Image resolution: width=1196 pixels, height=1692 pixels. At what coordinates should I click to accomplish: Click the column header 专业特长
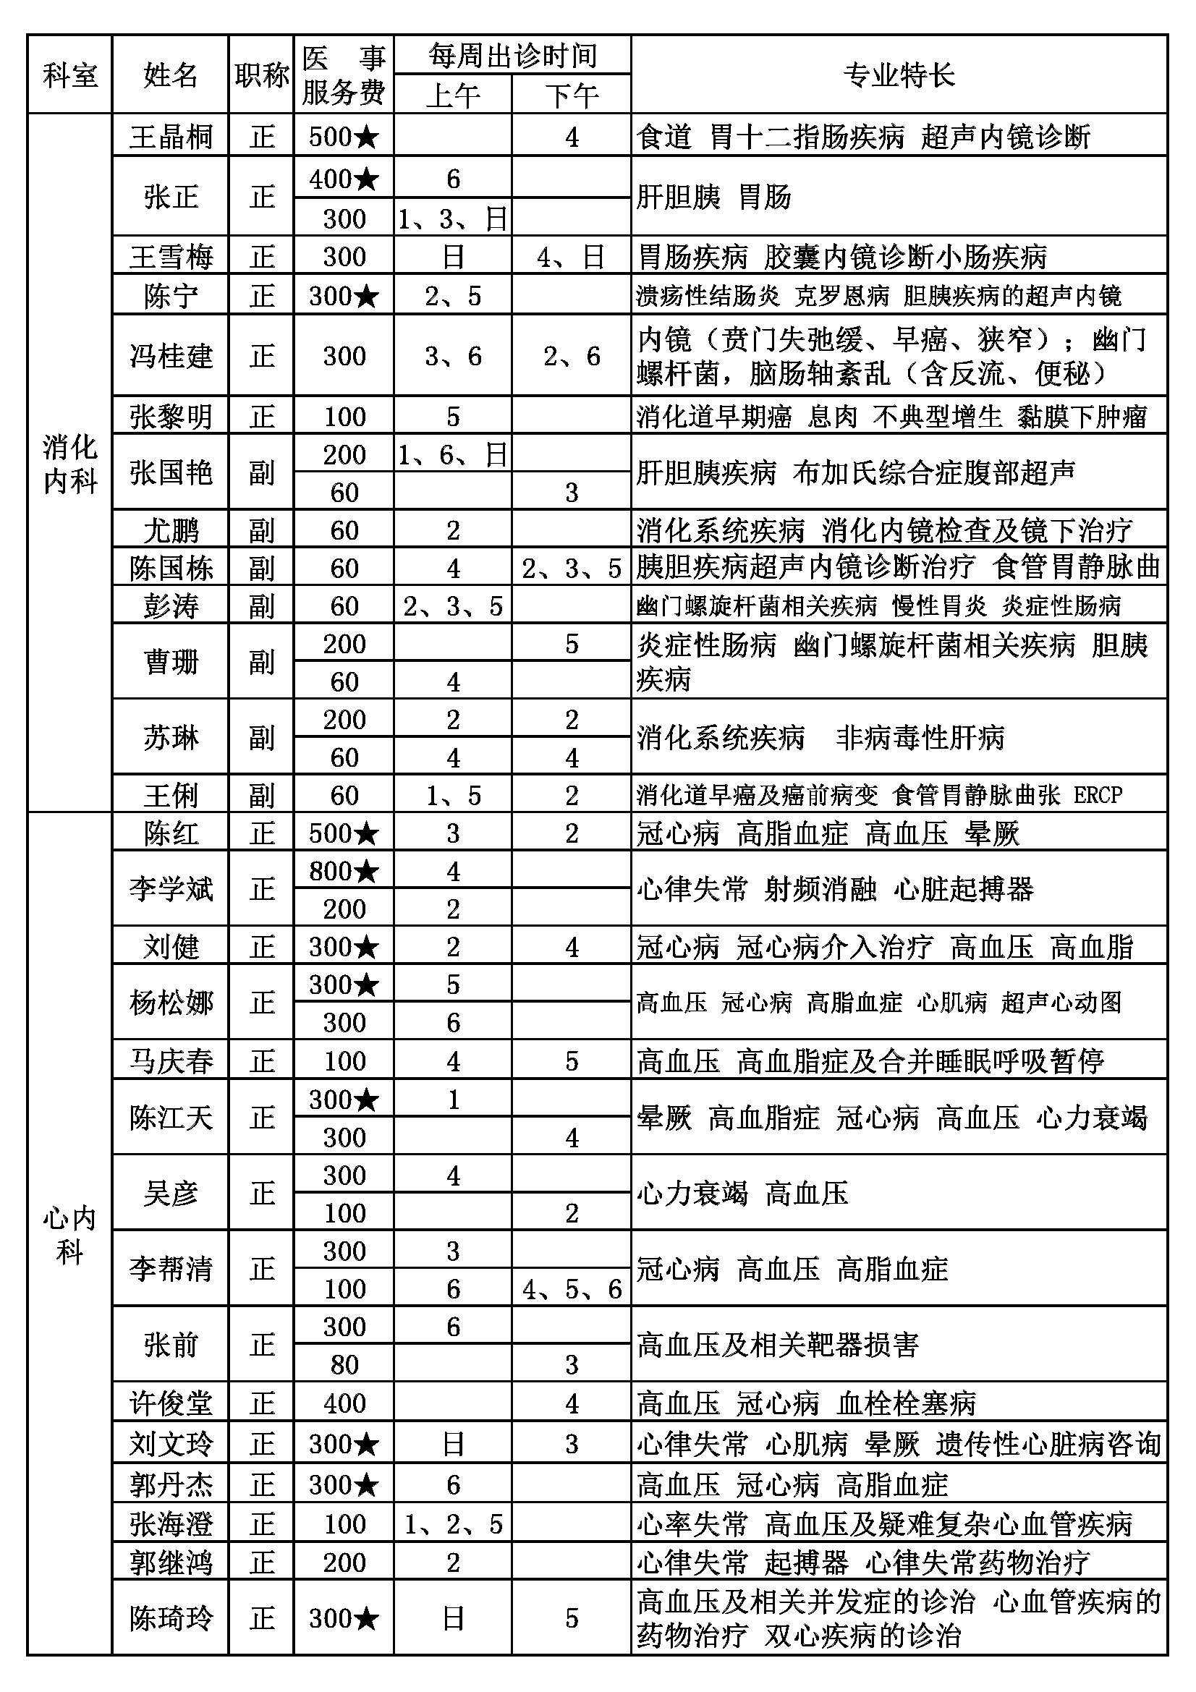(899, 75)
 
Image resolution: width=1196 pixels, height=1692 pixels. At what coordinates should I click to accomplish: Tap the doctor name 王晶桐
(171, 136)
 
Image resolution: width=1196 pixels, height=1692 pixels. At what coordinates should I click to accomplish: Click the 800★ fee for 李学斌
(344, 871)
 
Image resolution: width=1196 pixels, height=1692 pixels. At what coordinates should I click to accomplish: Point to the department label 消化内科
(70, 464)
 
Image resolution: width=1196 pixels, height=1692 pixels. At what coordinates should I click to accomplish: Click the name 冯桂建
(171, 356)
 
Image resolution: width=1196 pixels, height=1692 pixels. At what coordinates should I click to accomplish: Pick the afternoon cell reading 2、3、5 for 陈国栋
(571, 568)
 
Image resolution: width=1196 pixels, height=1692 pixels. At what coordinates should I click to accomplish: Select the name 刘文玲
(171, 1444)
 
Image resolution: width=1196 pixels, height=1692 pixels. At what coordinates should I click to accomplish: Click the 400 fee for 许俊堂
(344, 1404)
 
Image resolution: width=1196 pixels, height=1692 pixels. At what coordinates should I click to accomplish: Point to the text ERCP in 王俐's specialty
(1098, 795)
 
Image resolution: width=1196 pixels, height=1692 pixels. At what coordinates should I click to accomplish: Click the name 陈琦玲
(171, 1618)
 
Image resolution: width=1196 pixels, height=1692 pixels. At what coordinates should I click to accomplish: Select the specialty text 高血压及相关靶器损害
(778, 1345)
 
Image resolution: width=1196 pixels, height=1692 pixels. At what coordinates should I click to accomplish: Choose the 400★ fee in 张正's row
(344, 179)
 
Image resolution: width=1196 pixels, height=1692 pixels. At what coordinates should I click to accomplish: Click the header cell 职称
(262, 75)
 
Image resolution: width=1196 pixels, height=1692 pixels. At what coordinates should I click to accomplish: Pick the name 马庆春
(171, 1061)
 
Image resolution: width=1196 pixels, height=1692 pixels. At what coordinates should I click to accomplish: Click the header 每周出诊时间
(512, 55)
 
